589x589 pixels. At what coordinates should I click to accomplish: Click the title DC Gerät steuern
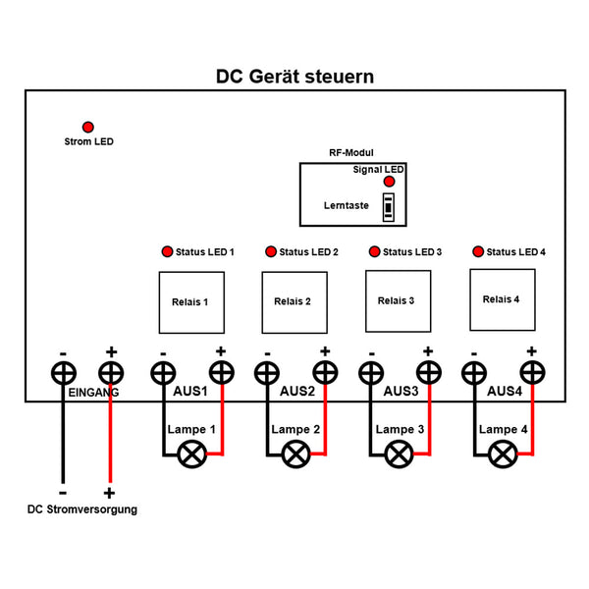294,77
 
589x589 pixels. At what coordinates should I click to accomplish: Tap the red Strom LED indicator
88,128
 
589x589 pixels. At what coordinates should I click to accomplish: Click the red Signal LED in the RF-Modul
390,183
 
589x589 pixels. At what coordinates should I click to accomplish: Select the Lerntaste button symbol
390,206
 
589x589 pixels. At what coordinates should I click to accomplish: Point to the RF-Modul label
350,153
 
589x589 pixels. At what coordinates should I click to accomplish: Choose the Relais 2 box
293,301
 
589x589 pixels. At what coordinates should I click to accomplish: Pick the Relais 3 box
398,300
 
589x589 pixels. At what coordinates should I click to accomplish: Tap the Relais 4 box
502,298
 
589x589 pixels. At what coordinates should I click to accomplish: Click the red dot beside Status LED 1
167,252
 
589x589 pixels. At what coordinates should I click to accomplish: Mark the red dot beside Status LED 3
374,252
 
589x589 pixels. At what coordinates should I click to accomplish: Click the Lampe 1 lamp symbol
189,455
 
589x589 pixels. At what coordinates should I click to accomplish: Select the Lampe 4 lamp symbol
503,455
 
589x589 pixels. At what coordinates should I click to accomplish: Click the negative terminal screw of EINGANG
64,373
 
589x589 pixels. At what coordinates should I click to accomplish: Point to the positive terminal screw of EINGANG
111,373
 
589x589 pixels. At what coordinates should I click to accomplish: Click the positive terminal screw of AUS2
325,373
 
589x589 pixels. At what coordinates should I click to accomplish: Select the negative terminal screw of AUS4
474,373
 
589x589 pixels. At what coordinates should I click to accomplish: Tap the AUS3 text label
401,392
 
